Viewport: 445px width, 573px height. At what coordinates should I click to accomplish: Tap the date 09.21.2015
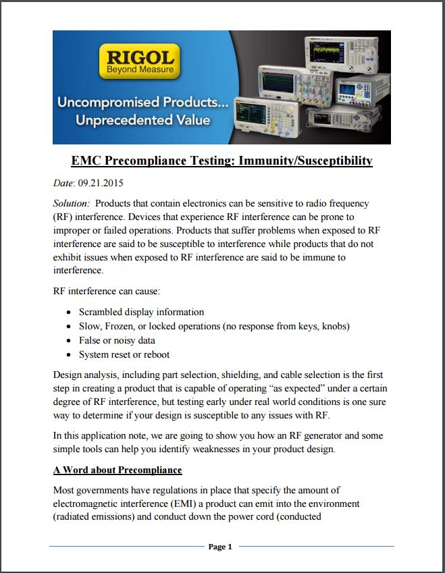[x=102, y=183]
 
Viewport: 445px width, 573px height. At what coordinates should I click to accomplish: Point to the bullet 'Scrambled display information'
[x=141, y=312]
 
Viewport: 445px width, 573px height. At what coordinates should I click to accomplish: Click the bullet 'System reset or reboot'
[x=124, y=354]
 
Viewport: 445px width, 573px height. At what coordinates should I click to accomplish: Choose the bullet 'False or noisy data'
[x=117, y=340]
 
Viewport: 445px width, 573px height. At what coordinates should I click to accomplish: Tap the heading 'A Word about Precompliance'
[x=117, y=470]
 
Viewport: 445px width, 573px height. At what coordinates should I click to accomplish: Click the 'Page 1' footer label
[x=220, y=547]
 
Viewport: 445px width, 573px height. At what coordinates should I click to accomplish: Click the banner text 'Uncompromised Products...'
[x=143, y=103]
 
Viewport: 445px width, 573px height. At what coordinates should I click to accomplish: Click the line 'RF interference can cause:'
[x=106, y=292]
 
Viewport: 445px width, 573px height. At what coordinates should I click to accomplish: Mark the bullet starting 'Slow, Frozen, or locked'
[x=214, y=326]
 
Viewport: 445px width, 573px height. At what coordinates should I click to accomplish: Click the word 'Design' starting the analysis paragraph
[x=68, y=374]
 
